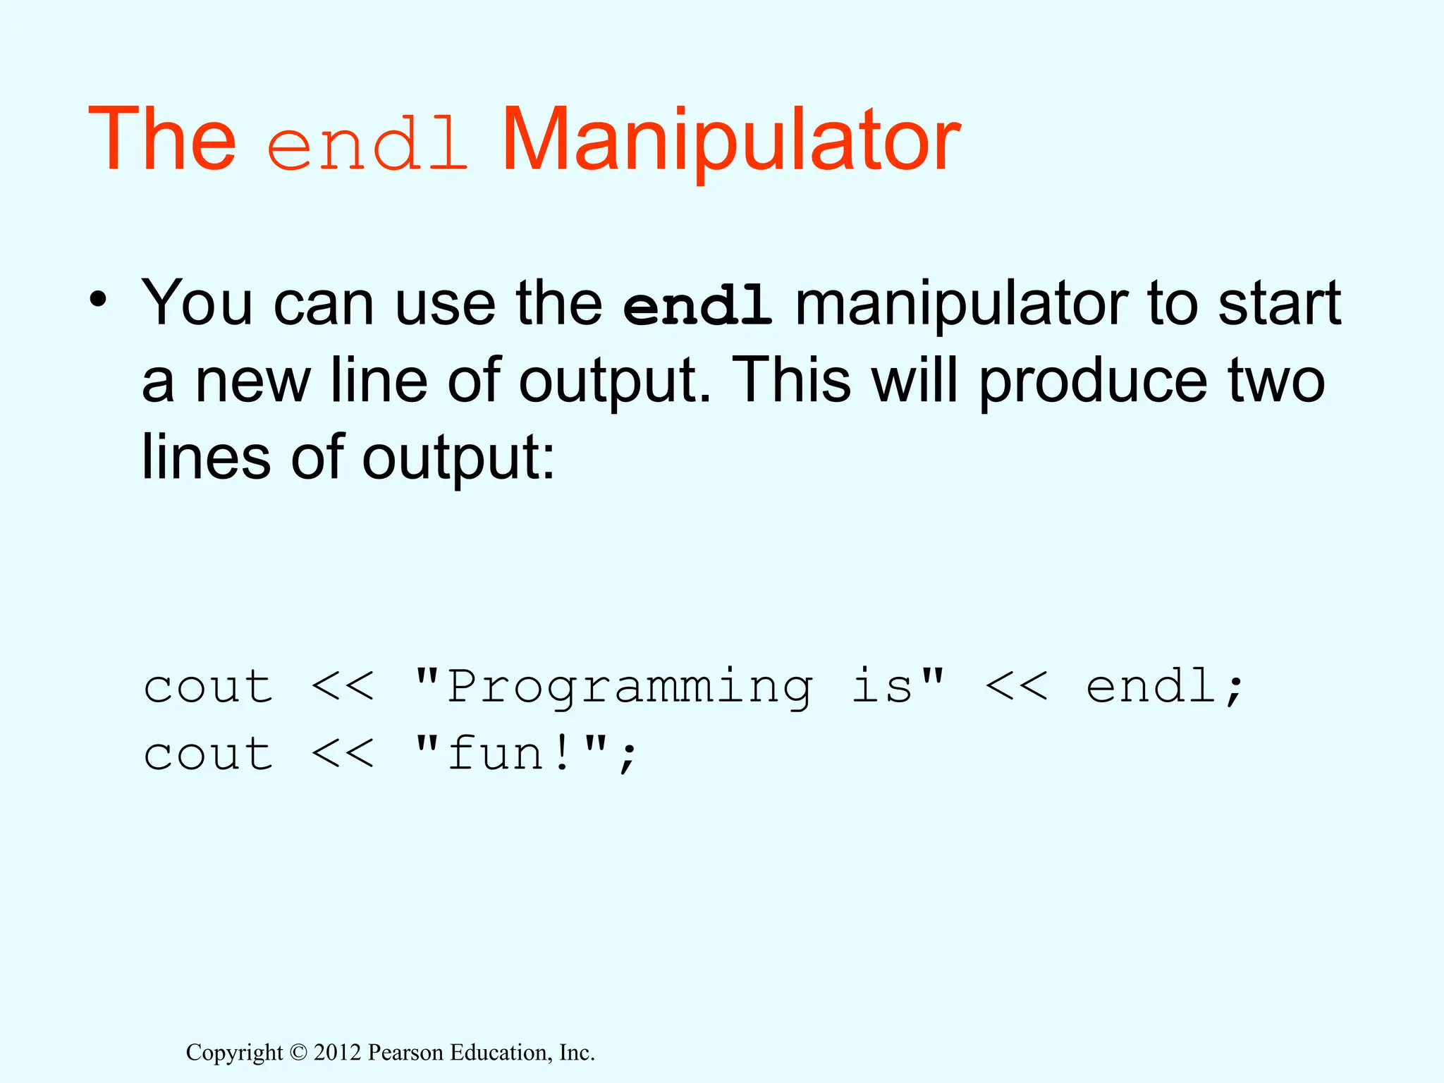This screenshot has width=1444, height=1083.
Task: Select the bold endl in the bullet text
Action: click(697, 306)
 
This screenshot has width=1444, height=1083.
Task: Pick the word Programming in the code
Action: click(629, 687)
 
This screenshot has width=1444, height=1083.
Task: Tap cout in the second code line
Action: click(208, 754)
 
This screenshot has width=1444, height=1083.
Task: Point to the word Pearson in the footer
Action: click(406, 1052)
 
